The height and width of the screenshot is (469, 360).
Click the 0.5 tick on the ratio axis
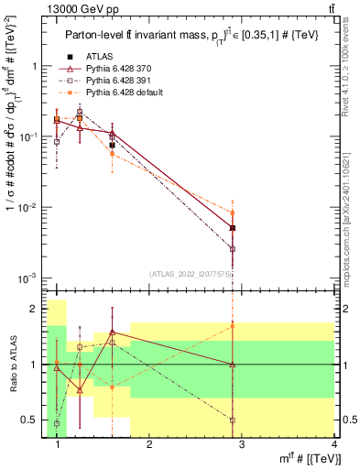pos(35,420)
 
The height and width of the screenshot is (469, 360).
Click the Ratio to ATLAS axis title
pos(12,365)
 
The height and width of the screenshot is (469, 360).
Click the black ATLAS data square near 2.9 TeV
pos(233,228)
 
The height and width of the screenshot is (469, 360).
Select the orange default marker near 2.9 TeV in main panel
pos(233,213)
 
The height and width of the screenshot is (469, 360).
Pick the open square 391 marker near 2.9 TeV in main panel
pos(233,248)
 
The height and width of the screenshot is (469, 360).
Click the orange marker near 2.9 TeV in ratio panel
pos(233,325)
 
